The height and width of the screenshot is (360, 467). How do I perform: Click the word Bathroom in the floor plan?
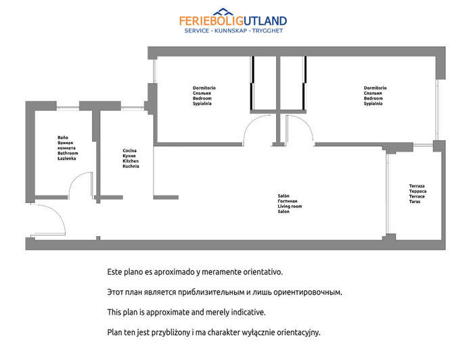coord(68,153)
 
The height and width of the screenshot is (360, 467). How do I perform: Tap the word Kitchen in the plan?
coord(131,161)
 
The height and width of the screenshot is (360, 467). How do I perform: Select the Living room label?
coord(290,206)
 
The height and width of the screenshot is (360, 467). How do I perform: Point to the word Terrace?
coord(417,196)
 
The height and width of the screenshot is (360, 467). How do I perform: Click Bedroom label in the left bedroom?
coord(202,98)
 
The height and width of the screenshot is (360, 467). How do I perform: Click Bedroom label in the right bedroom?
coord(373,98)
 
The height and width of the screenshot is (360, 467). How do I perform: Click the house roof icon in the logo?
coord(223,12)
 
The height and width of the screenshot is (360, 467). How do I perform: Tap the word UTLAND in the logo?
coord(265,21)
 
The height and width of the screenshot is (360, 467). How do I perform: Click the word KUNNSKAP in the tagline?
coord(231,30)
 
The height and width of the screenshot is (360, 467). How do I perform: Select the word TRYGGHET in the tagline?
coord(267,30)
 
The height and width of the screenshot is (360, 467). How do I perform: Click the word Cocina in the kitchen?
coord(129,150)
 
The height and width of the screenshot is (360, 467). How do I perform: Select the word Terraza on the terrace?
coord(417,186)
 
